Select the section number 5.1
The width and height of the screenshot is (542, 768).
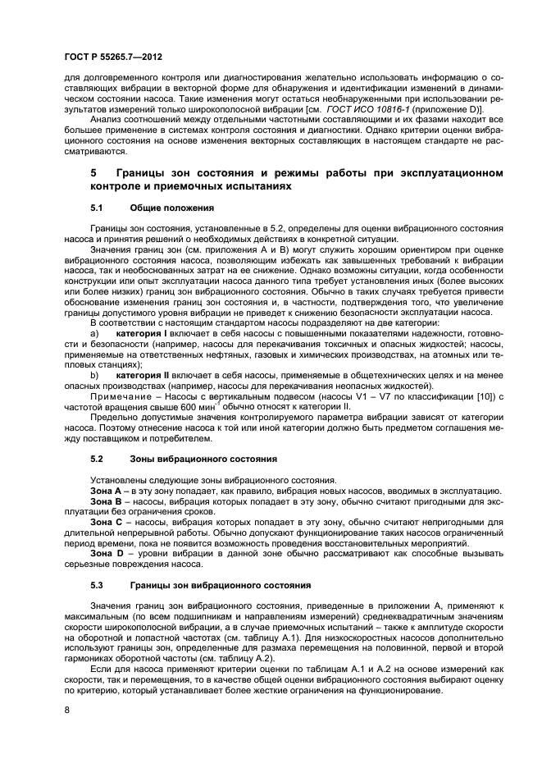(x=97, y=208)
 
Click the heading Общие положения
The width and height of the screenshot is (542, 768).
(x=172, y=208)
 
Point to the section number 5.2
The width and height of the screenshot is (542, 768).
(x=97, y=459)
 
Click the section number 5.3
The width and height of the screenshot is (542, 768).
(x=97, y=586)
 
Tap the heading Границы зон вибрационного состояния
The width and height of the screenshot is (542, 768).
(x=220, y=586)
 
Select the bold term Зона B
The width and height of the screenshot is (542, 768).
(x=106, y=501)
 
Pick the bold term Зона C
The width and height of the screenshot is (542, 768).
(x=106, y=523)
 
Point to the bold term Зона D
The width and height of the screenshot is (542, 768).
(x=106, y=554)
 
